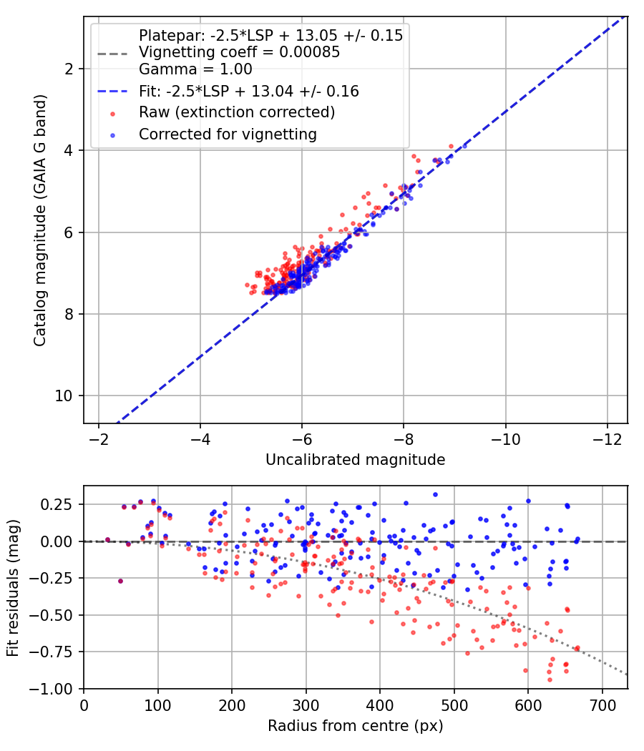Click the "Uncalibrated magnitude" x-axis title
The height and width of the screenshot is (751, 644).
tap(355, 460)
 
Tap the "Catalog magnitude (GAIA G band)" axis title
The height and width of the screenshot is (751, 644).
tap(40, 220)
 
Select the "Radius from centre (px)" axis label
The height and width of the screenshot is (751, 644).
tap(355, 726)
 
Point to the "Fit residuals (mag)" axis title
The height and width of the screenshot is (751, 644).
tap(14, 588)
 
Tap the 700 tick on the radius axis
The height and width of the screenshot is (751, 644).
tap(602, 705)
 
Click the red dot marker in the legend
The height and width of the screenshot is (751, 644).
tap(112, 114)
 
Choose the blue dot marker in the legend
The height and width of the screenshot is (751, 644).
tap(112, 136)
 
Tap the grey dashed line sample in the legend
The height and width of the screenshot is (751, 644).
tap(112, 54)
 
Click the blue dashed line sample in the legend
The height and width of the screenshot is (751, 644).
tap(112, 91)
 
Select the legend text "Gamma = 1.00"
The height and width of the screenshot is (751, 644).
tap(195, 69)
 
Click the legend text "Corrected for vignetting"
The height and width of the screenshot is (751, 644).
tap(228, 134)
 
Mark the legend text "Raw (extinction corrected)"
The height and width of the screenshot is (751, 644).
tap(237, 112)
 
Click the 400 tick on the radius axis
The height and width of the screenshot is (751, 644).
tap(380, 705)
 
